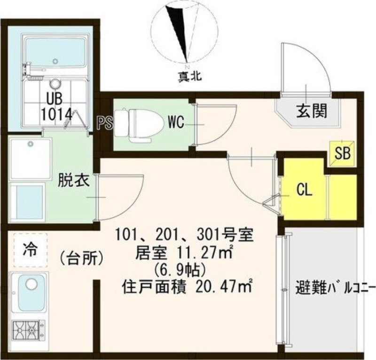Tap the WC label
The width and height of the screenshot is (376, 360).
(175, 123)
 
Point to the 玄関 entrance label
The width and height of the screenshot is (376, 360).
(311, 112)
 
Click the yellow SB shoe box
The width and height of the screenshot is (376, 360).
(342, 154)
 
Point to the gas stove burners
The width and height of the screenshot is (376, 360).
(28, 327)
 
